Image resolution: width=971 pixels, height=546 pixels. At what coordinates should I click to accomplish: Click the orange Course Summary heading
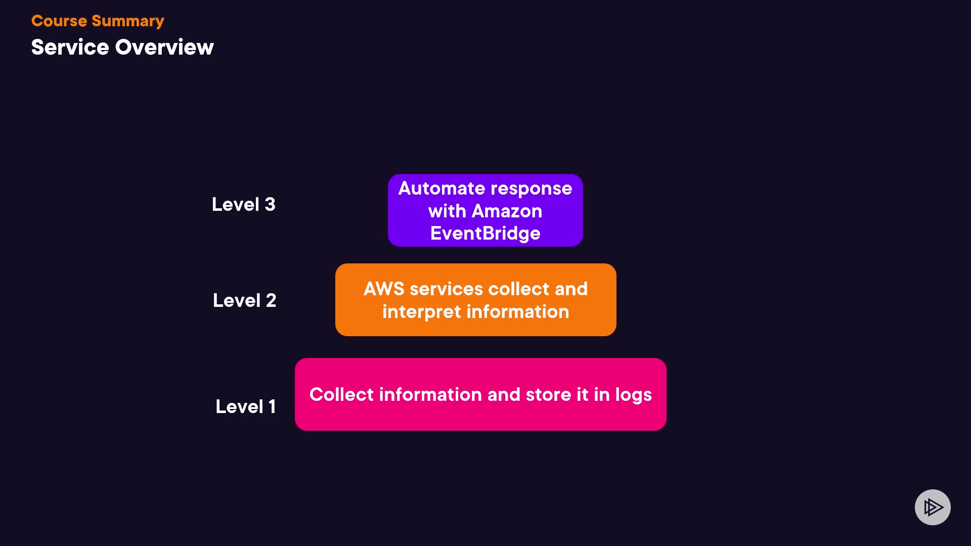point(98,21)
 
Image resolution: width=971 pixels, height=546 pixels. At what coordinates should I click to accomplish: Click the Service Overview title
point(122,47)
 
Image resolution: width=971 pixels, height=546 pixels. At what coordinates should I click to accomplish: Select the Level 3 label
point(243,204)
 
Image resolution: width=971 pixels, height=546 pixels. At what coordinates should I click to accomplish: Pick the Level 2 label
point(244,300)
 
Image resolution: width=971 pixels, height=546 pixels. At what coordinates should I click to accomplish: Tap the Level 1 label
point(246,406)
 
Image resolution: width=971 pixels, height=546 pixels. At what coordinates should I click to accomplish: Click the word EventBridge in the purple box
point(485,234)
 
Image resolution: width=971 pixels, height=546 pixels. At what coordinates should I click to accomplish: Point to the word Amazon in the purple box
point(507,211)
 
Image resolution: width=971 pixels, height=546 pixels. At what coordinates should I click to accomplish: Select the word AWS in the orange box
point(384,289)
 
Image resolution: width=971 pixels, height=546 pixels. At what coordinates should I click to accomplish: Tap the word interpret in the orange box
point(421,312)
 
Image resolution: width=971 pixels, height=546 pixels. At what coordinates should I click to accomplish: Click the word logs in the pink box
point(633,395)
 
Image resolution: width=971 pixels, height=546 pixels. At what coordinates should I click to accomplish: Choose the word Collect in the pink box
point(341,394)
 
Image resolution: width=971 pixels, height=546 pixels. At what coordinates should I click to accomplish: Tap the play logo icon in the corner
point(933,507)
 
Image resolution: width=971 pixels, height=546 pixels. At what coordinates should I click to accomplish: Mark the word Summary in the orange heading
point(127,21)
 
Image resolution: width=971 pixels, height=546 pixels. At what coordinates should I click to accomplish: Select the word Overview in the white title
point(164,47)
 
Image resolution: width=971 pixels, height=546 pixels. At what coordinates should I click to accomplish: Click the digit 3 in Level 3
point(270,204)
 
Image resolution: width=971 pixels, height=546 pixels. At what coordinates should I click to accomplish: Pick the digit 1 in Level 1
point(272,406)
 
